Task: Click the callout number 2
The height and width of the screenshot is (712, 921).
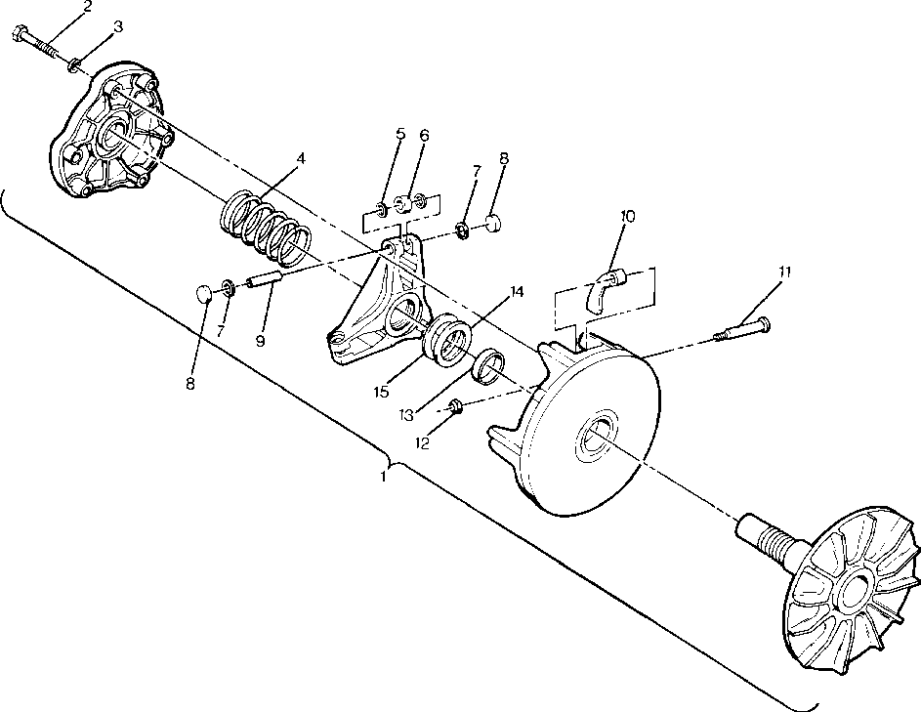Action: coord(87,8)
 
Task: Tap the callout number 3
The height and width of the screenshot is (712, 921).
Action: coord(118,26)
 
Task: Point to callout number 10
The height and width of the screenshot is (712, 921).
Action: coord(628,216)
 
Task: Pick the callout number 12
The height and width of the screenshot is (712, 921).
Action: coord(422,443)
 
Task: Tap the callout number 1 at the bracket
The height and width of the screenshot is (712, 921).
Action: coord(384,478)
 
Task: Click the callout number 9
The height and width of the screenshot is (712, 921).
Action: coord(261,341)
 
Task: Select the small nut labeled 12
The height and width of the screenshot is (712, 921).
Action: coord(456,405)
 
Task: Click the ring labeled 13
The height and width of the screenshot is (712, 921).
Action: coord(488,365)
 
